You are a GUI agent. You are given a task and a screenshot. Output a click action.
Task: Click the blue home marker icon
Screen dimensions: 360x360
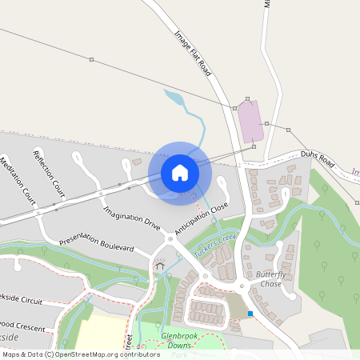point(180,172)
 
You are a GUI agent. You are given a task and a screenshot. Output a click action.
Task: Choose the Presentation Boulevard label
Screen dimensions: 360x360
point(96,243)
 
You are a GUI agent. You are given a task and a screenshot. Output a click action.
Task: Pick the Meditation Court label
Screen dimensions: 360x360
point(17,180)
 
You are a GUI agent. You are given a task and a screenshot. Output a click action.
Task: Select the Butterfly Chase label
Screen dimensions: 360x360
point(270,279)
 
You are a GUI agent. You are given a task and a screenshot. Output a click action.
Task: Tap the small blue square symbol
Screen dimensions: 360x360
point(250,314)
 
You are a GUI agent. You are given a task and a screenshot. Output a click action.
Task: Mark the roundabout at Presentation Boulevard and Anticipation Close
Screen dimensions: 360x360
point(170,238)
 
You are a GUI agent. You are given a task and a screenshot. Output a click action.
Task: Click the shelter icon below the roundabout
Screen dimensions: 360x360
point(159,266)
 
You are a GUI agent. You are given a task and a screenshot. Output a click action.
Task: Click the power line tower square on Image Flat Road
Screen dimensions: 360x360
point(234,107)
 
